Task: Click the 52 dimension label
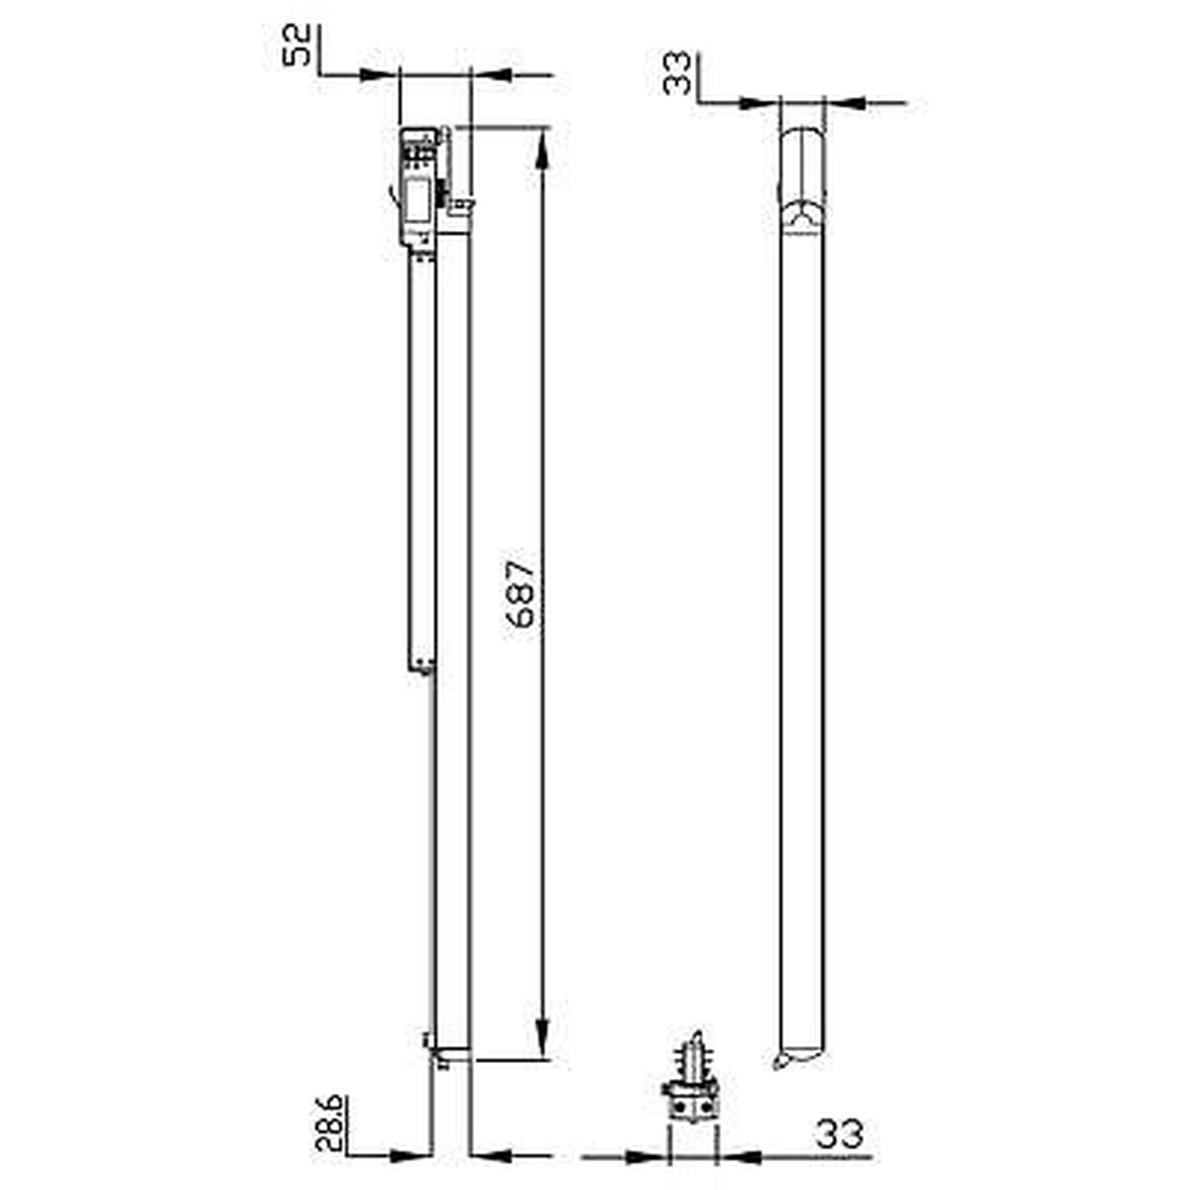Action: point(297,45)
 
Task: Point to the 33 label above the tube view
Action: point(677,73)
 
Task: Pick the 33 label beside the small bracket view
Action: point(839,1133)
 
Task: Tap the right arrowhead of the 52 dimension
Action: point(492,74)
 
